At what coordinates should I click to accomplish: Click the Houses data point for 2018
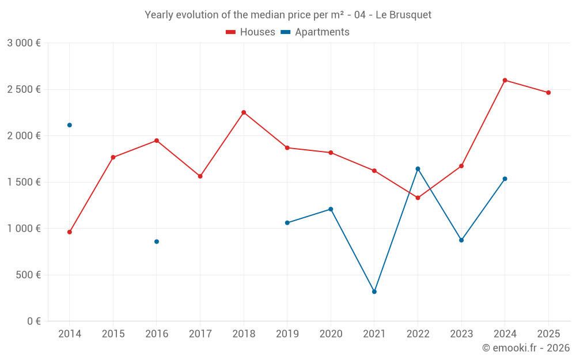click(244, 112)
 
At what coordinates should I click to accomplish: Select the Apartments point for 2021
click(374, 291)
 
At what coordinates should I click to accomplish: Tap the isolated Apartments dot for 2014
click(70, 125)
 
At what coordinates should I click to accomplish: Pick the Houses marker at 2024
click(505, 80)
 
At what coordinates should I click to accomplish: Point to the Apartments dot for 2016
click(157, 241)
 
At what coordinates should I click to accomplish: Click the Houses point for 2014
click(70, 232)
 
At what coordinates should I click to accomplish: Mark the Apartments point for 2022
click(418, 169)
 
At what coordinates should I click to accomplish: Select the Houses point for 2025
click(548, 93)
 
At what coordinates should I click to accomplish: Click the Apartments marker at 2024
click(505, 179)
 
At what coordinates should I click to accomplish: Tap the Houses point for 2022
click(418, 198)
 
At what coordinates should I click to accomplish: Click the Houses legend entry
click(251, 32)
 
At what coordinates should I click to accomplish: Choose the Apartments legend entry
click(315, 32)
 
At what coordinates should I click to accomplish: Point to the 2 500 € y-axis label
click(24, 89)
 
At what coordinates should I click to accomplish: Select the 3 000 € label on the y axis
click(24, 43)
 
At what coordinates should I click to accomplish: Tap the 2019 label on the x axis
click(287, 334)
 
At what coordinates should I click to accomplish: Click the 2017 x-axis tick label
click(200, 334)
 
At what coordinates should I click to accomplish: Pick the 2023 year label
click(461, 334)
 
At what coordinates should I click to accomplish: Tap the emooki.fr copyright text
click(526, 348)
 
